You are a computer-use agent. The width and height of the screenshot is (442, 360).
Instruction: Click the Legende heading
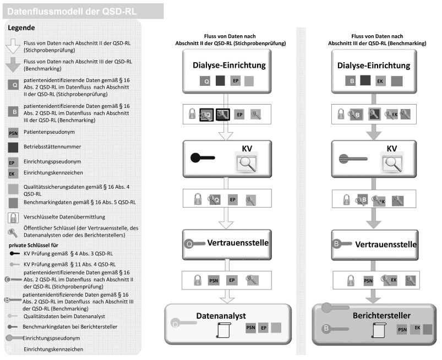tap(23, 28)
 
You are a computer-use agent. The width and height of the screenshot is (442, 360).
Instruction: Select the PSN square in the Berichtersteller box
tap(403, 330)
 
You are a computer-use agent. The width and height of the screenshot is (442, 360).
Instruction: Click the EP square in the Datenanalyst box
tap(264, 328)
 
